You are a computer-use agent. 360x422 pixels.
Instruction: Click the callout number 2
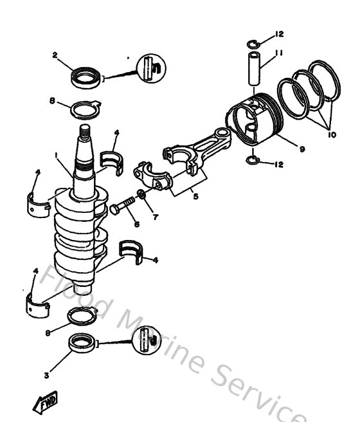[x=55, y=56]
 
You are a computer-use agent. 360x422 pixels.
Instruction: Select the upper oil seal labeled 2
[x=84, y=78]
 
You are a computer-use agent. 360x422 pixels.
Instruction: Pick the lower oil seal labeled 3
[x=81, y=345]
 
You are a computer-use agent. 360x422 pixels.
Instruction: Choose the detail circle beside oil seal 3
[x=145, y=339]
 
